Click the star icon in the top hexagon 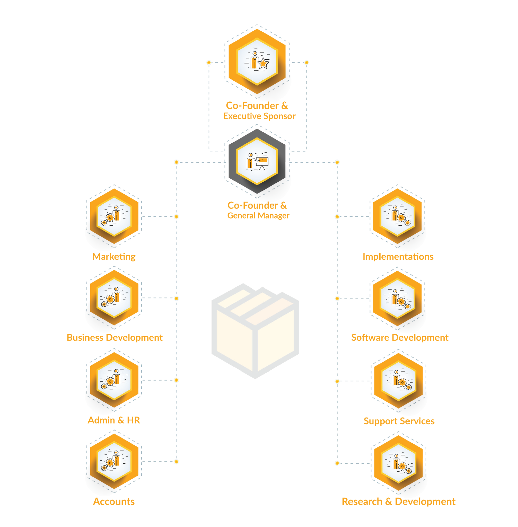264,64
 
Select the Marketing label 114,257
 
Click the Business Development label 115,338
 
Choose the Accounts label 114,502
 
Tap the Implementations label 398,257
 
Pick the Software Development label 400,338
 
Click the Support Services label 399,421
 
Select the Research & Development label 399,502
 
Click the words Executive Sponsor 260,116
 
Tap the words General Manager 258,216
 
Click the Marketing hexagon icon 114,216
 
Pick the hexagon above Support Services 398,381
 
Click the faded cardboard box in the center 255,331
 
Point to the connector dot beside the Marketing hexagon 176,217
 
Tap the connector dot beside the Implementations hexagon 337,217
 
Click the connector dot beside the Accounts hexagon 176,462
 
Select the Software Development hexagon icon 397,299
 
